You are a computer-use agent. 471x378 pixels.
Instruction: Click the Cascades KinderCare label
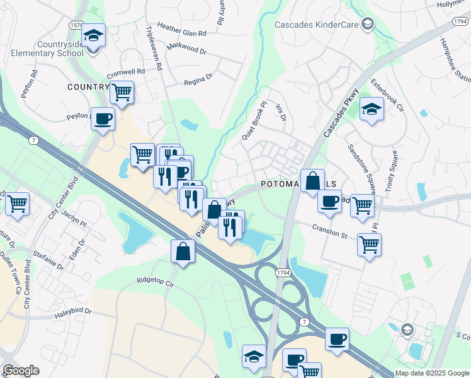pyautogui.click(x=315, y=25)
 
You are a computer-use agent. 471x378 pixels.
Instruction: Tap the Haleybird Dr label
pyautogui.click(x=71, y=311)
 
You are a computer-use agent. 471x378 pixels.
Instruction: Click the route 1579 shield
pyautogui.click(x=76, y=24)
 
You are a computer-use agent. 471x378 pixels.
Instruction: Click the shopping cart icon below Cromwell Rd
pyautogui.click(x=122, y=92)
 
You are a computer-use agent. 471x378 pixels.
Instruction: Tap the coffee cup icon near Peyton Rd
pyautogui.click(x=103, y=117)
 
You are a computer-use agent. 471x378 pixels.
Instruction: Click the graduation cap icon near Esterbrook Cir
pyautogui.click(x=372, y=108)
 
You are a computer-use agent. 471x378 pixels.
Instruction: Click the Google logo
pyautogui.click(x=21, y=370)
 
